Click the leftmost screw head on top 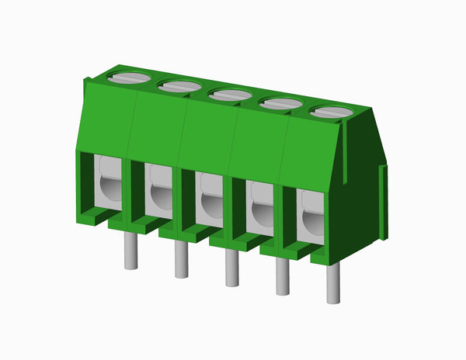(131, 77)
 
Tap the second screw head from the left (181, 86)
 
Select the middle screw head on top (231, 95)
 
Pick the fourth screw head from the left (280, 103)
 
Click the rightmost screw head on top (332, 112)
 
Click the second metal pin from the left (181, 260)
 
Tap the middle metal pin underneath (231, 268)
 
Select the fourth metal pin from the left (282, 278)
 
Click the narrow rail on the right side (383, 202)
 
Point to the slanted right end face (357, 194)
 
